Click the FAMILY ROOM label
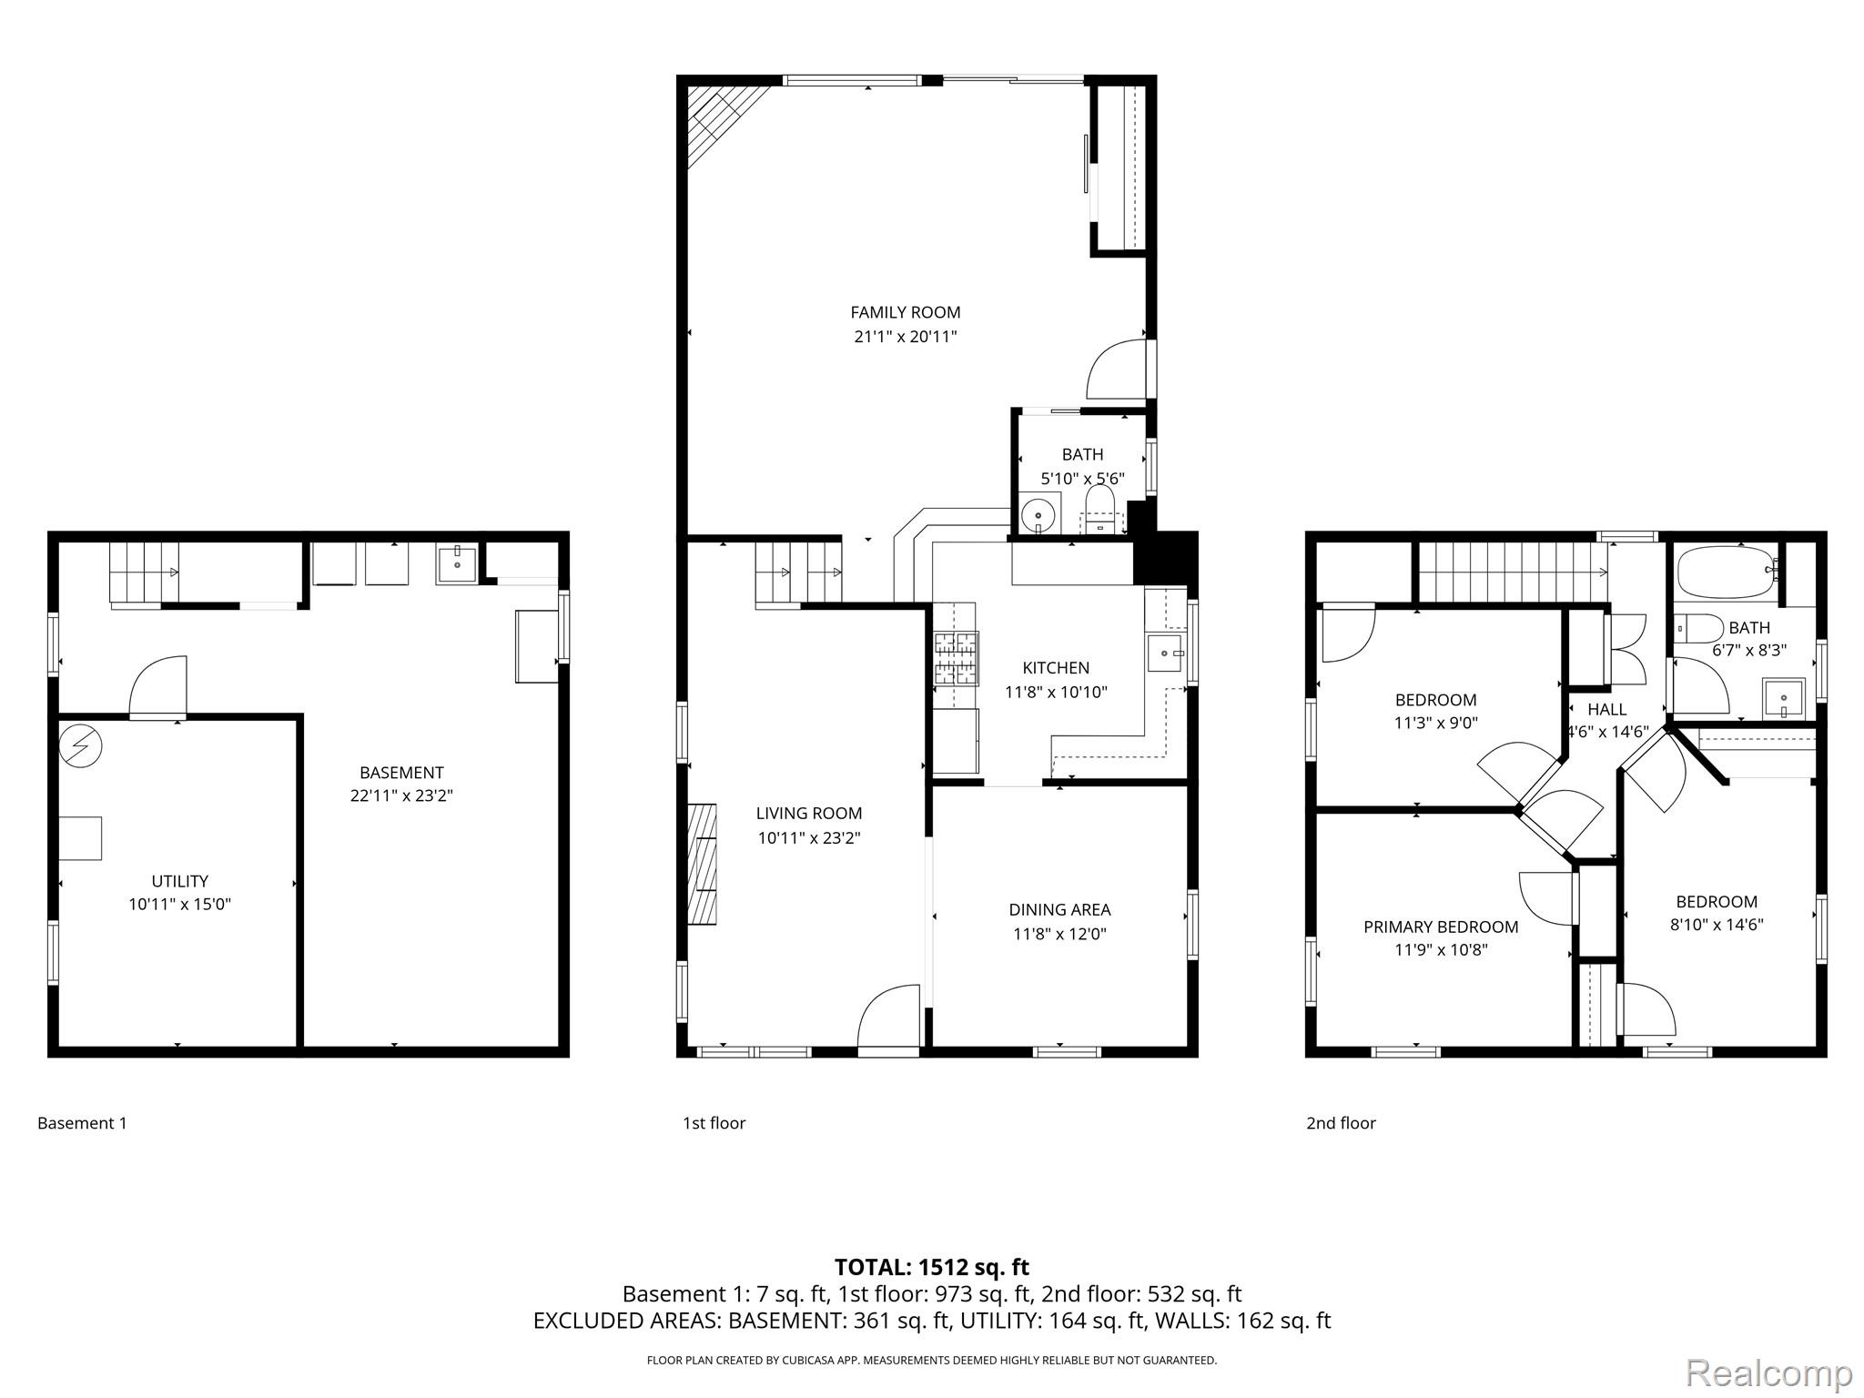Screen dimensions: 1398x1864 pos(905,312)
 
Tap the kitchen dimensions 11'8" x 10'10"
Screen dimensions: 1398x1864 pos(1055,692)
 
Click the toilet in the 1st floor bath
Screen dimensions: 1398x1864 pos(1099,508)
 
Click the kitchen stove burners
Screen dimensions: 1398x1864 pos(956,657)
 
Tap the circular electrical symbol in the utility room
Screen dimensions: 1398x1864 pos(80,746)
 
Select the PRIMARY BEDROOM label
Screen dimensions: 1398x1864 pos(1440,927)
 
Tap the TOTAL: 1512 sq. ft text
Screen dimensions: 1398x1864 pos(931,1267)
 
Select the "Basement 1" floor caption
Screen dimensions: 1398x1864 pos(82,1123)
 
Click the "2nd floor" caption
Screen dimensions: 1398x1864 pos(1340,1123)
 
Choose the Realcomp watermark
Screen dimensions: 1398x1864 pos(1768,1373)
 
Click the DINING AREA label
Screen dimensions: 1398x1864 pos(1059,909)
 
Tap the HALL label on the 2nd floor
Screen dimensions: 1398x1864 pos(1606,709)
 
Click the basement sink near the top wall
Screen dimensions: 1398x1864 pos(456,564)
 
